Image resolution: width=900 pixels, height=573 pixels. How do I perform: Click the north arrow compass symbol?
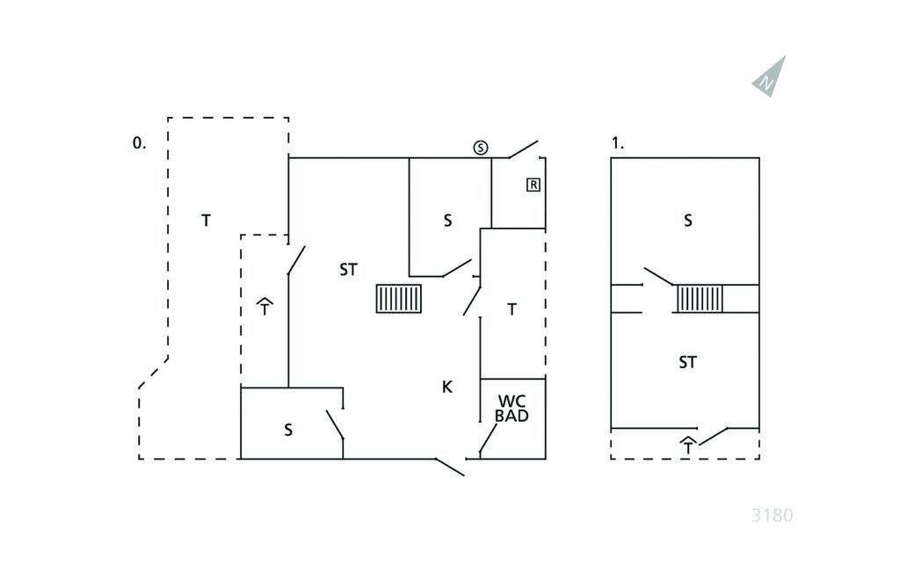pos(770,76)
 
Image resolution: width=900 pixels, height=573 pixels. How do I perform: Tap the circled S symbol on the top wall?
pos(481,148)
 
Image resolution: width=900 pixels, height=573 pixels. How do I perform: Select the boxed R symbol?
pos(533,185)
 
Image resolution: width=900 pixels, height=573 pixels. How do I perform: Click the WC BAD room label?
pos(512,409)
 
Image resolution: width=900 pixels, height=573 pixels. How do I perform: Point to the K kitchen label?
pos(446,387)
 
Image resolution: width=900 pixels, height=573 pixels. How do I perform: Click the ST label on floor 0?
pos(348,270)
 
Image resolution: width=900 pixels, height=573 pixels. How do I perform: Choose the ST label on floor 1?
pos(687,362)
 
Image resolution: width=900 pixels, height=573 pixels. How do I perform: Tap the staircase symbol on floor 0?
pos(399,299)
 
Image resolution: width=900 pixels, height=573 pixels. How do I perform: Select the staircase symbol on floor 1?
pos(700,299)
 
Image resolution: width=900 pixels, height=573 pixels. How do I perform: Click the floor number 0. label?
pos(139,142)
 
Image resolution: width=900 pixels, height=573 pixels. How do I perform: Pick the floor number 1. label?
pos(618,142)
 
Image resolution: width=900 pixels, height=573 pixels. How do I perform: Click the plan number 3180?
pos(772,515)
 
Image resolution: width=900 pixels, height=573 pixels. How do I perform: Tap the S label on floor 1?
pos(688,221)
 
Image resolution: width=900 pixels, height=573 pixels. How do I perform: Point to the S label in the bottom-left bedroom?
pos(288,431)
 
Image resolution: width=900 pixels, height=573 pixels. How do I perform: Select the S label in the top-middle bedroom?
pos(447,221)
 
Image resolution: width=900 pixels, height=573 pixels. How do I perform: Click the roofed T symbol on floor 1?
pos(688,446)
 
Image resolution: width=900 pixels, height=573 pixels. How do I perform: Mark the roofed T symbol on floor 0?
pos(265,307)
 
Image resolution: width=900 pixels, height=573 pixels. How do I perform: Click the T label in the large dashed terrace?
pos(206,221)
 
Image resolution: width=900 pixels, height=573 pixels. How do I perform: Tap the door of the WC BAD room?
pos(488,438)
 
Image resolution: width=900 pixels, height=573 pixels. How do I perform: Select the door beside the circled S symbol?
pos(523,149)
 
